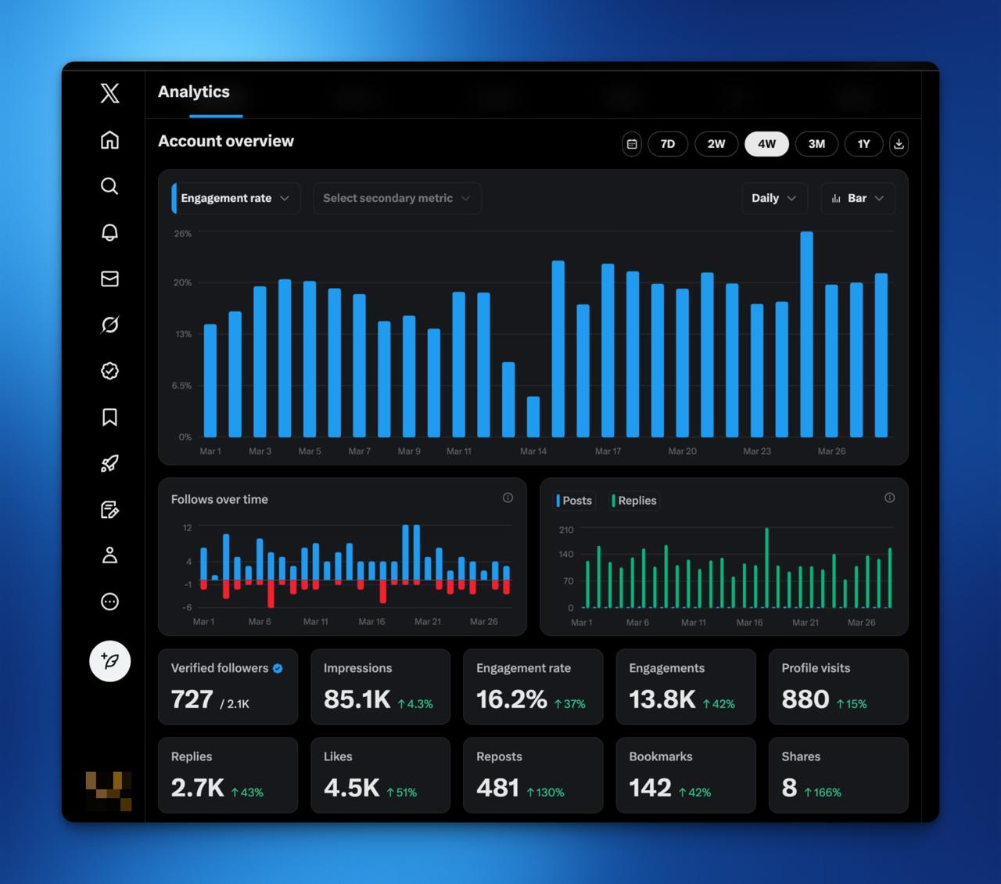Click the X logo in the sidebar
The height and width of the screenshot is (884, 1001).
pos(110,93)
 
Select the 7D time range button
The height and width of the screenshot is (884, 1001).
pos(667,144)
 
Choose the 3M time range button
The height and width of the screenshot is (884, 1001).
pos(816,144)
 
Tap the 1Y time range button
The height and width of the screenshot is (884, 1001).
pos(863,144)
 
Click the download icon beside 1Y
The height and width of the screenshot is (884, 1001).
pos(899,144)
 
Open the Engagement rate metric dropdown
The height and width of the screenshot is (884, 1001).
pos(235,199)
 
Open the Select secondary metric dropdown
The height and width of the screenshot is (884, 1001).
pos(396,199)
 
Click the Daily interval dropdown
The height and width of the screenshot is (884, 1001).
pos(773,199)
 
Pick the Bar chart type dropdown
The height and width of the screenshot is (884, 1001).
pos(858,199)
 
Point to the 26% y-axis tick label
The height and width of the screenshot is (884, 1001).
pos(182,234)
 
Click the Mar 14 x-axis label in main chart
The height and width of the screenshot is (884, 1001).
pos(533,451)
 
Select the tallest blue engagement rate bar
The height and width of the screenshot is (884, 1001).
pos(806,334)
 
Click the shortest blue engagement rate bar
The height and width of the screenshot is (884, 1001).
pos(533,417)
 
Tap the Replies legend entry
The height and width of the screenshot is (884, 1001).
pos(635,501)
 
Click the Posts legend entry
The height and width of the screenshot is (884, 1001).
pos(575,501)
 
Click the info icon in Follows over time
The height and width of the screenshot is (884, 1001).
pos(508,498)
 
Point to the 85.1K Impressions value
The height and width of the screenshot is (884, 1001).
pos(357,699)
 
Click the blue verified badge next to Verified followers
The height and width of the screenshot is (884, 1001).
pos(278,669)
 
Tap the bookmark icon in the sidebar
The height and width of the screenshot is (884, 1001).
pos(110,417)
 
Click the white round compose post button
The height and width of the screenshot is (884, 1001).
pos(110,661)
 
